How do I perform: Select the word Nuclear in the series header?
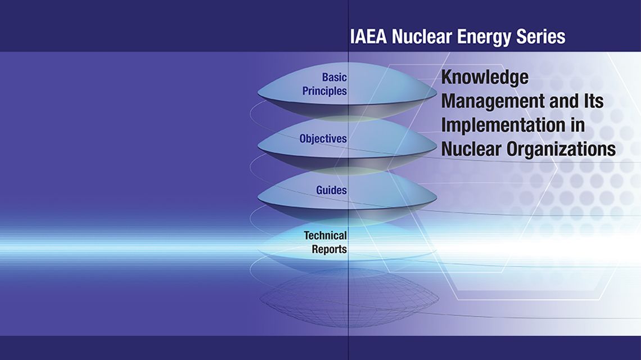pos(422,37)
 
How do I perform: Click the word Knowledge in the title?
pos(485,78)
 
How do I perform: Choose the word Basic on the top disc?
pos(335,77)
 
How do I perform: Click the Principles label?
pos(324,91)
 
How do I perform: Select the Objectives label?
pos(323,139)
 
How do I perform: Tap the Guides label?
pos(331,190)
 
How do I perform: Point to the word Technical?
pos(325,236)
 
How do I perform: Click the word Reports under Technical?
pos(329,249)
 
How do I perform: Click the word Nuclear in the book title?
pos(472,149)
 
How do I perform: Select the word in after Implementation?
pos(576,125)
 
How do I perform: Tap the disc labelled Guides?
pos(347,196)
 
